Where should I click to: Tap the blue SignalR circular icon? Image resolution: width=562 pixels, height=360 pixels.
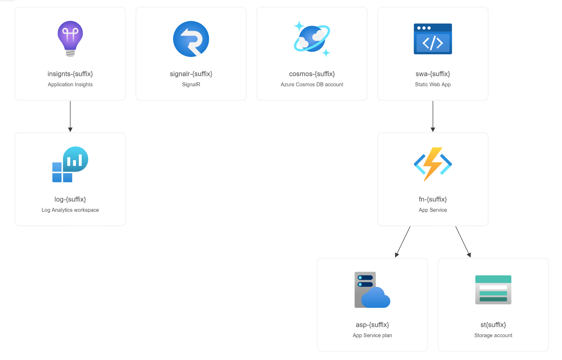[191, 39]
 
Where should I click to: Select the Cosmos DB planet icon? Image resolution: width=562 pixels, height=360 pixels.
[312, 39]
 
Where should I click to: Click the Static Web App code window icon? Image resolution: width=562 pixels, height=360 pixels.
[433, 39]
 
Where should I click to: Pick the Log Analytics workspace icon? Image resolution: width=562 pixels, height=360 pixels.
[70, 164]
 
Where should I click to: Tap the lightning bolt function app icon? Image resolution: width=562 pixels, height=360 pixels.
[433, 164]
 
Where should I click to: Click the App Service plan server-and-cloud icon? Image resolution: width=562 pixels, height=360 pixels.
[372, 290]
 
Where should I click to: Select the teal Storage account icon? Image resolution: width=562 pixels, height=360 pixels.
[493, 290]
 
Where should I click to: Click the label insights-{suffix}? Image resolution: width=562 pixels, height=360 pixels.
[70, 74]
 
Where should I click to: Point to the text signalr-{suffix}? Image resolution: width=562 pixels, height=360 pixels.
[191, 74]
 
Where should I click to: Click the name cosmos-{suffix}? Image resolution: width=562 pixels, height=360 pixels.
[312, 74]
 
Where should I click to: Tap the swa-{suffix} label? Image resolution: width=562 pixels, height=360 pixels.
[433, 74]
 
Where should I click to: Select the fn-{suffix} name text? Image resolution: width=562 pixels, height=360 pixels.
[433, 199]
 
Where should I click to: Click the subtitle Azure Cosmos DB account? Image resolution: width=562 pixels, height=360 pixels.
[312, 85]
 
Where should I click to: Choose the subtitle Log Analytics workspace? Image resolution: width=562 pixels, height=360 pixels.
[70, 210]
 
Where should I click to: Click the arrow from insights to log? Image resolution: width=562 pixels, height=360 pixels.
[70, 116]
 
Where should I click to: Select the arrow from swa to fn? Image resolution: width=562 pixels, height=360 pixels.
[433, 116]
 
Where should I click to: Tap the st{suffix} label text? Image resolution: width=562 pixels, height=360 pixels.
[493, 325]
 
